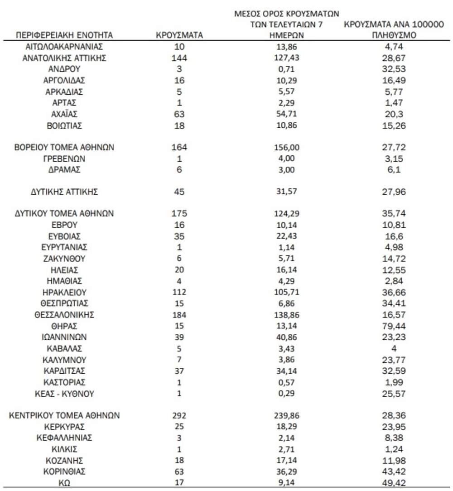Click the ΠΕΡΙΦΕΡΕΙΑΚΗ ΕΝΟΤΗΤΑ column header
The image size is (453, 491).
coord(64,35)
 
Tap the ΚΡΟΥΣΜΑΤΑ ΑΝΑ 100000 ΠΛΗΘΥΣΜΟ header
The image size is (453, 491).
coord(393,29)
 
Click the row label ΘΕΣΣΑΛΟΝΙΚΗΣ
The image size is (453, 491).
coord(64,315)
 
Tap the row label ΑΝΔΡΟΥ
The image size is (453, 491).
coord(64,69)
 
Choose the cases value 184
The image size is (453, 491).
coord(179,315)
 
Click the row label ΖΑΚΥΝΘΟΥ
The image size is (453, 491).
coord(64,259)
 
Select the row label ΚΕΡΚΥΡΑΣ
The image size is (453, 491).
coord(64,427)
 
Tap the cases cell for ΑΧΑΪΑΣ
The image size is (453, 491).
coord(179,114)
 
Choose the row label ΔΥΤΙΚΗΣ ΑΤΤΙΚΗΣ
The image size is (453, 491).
coord(64,192)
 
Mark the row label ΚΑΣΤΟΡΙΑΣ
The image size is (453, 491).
coord(64,382)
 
